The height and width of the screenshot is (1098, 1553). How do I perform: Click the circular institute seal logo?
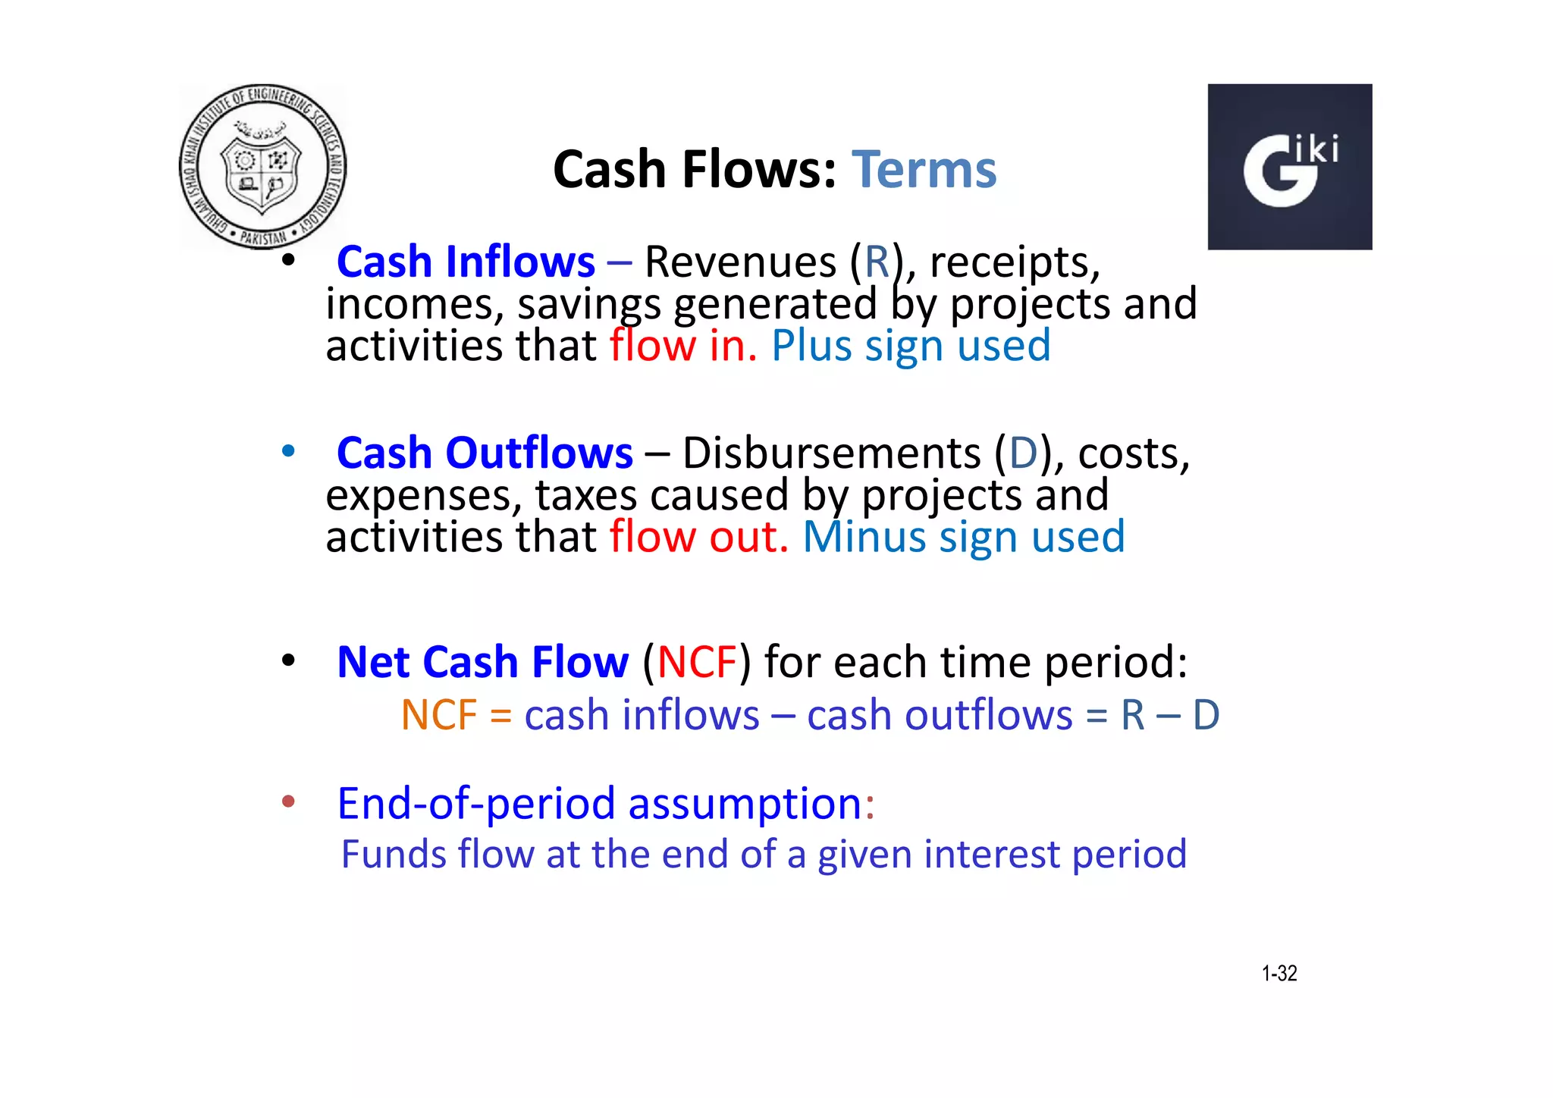tap(262, 167)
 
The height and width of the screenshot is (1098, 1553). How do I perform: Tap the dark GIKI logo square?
tap(1289, 167)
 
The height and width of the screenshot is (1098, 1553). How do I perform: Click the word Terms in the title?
tap(924, 169)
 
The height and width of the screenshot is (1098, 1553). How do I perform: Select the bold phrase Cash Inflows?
tap(466, 262)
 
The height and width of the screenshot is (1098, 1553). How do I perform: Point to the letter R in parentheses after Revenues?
tap(877, 262)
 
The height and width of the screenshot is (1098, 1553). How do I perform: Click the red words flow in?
tap(682, 346)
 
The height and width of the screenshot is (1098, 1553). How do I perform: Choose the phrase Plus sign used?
tap(910, 346)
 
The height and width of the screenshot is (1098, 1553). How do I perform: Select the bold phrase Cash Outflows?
tap(485, 453)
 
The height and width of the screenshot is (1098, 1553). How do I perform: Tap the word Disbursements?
tap(831, 453)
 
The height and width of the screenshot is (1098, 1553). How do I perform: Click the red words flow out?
tap(698, 537)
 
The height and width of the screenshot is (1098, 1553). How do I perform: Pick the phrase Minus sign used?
tap(963, 537)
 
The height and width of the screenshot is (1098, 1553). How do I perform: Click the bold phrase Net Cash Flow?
tap(482, 662)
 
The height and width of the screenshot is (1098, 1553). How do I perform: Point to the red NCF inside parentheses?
tap(696, 662)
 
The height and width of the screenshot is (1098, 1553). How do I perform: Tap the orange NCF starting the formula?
tap(438, 715)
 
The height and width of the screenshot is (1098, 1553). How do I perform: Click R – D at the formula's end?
tap(1170, 715)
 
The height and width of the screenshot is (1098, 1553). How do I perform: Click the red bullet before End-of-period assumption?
tap(288, 802)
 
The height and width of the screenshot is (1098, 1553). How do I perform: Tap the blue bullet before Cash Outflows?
tap(288, 451)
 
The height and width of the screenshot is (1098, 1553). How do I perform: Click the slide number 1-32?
tap(1278, 973)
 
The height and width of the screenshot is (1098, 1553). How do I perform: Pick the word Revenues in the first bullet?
tap(740, 262)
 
